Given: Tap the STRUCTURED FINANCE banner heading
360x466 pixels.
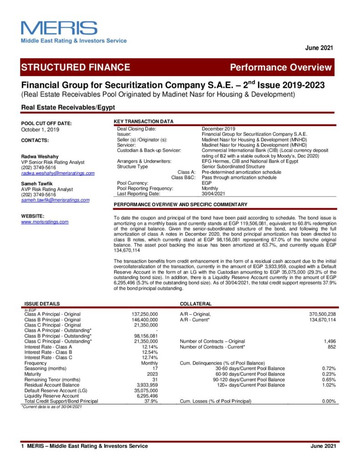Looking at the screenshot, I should tap(76, 67).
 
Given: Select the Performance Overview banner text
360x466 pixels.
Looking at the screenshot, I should tap(280, 68).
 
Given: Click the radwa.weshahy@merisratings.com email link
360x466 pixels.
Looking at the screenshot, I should tap(58, 173).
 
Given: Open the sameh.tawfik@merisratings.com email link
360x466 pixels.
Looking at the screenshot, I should tap(56, 200).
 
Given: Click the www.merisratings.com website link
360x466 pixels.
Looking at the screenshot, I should tap(45, 222).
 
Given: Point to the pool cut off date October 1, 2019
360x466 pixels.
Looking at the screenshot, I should tap(40, 130).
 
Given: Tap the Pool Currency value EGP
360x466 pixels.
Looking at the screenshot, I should tap(207, 183).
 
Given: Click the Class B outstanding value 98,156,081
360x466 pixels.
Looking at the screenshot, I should tap(146, 336).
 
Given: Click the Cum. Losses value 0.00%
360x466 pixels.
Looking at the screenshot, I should tap(329, 401).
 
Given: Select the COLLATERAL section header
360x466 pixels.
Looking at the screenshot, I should tap(196, 304).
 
